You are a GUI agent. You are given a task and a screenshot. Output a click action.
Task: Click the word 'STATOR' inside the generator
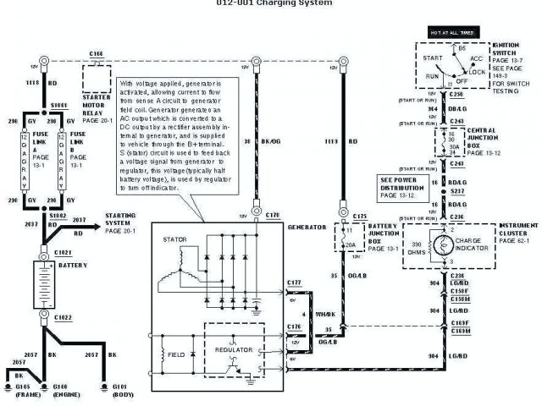click(175, 239)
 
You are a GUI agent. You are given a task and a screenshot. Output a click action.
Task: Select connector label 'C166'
click(96, 53)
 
